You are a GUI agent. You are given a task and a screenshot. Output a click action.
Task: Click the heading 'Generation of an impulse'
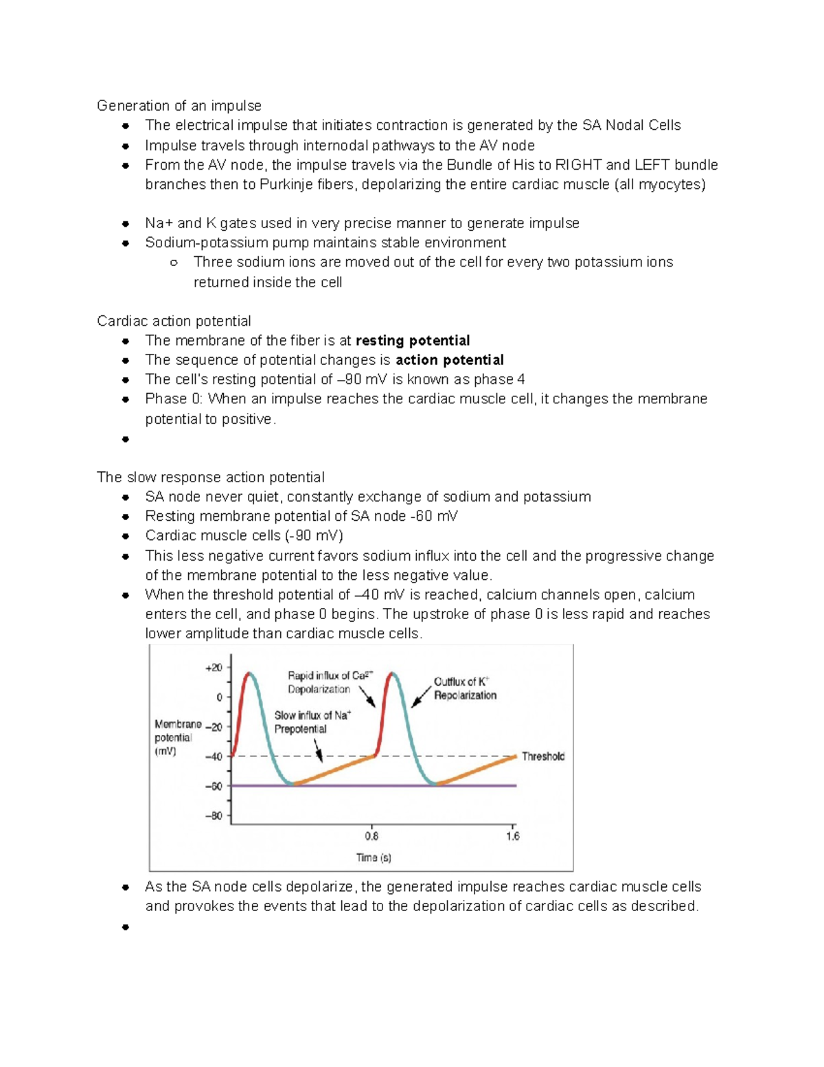[179, 106]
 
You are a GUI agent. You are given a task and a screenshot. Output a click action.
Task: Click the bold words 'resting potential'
[412, 341]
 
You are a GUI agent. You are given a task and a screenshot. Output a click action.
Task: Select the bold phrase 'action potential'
[449, 360]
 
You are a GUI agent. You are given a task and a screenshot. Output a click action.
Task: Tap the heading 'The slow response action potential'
[210, 478]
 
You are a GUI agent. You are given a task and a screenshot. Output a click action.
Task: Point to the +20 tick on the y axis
[214, 668]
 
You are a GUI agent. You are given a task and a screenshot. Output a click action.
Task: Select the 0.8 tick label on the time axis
[371, 836]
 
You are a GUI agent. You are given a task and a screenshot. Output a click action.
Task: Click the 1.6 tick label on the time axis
[512, 836]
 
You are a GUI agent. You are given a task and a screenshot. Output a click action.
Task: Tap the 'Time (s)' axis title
[374, 857]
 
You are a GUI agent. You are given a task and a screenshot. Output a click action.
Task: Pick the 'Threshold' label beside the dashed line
[542, 756]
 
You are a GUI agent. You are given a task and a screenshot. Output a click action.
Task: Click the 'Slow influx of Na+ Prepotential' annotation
[312, 722]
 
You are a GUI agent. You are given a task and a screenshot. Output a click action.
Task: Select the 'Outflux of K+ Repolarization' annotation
[464, 688]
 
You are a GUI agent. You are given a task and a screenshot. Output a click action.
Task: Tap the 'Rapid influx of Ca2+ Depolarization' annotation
[328, 682]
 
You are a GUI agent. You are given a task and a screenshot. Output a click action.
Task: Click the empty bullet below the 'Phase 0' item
[125, 439]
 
